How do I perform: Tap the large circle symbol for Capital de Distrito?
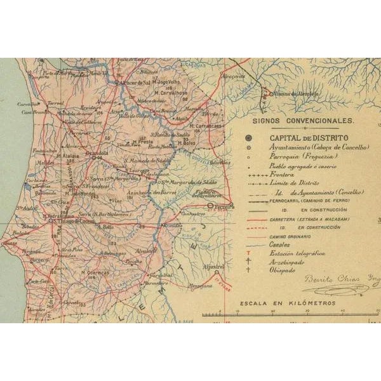(250, 137)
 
